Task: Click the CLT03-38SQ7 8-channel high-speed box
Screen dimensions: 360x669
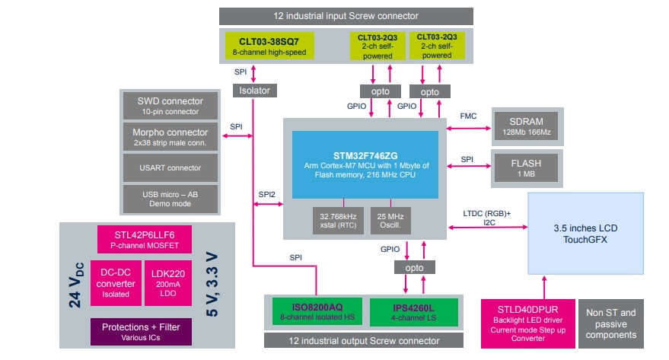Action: pos(269,46)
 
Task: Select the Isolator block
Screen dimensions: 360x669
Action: pos(253,90)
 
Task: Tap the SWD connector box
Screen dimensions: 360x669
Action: pos(170,106)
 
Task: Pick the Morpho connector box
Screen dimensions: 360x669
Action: pos(170,137)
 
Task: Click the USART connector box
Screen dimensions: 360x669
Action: pos(170,167)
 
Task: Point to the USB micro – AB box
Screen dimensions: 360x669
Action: pos(170,198)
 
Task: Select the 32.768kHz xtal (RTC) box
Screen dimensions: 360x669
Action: pos(339,221)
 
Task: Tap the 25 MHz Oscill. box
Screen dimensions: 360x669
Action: pos(390,221)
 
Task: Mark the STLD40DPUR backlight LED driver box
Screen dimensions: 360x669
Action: pos(527,323)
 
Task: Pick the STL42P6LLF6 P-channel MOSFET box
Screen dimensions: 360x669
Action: pos(143,240)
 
